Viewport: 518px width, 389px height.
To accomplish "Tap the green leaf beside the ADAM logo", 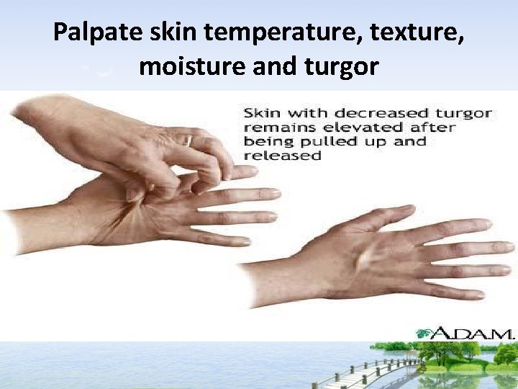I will pyautogui.click(x=424, y=332).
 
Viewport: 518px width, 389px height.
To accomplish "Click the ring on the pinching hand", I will pyautogui.click(x=188, y=140).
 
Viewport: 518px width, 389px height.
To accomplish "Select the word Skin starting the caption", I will pyautogui.click(x=263, y=113).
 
